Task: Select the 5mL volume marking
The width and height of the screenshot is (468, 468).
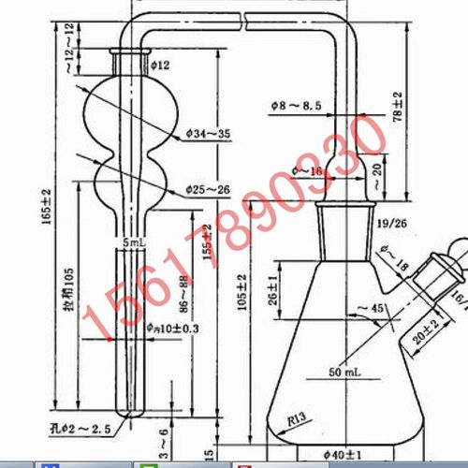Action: (137, 241)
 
